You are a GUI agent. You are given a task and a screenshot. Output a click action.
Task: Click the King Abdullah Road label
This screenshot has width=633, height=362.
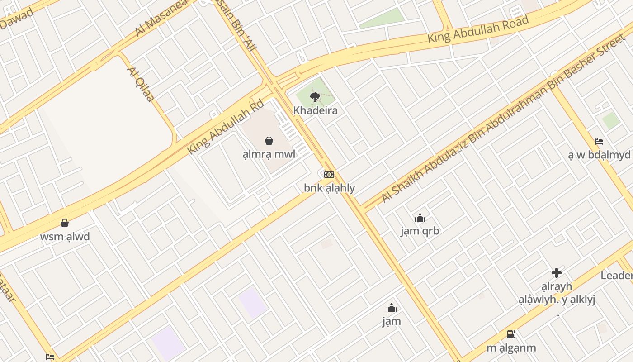pos(478,29)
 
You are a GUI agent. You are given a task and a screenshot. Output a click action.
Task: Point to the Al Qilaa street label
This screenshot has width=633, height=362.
pos(141,84)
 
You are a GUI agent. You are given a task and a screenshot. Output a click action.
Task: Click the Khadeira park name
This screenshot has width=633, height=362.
pos(315,110)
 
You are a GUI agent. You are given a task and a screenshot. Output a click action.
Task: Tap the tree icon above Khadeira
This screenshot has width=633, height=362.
pos(315,96)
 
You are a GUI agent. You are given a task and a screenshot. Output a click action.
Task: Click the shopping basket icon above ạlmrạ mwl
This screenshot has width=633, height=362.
pos(269,141)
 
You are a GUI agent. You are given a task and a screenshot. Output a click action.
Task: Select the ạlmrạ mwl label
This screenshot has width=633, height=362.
pos(269,154)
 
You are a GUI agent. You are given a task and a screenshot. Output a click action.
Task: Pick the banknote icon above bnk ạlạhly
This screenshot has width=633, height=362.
pos(329,175)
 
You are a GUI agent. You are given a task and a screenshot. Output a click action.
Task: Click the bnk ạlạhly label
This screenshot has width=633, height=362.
pos(329,188)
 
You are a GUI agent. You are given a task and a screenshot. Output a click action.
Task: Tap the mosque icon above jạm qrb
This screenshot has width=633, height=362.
pos(420,218)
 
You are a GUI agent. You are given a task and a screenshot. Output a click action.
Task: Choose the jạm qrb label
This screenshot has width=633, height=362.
pos(420,231)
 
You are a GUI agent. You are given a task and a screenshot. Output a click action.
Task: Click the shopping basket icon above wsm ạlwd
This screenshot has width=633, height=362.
pos(65,223)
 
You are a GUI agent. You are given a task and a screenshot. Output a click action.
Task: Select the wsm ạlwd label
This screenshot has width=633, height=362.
pos(65,237)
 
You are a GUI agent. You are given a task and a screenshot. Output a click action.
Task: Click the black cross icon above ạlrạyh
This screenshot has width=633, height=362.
pos(557,273)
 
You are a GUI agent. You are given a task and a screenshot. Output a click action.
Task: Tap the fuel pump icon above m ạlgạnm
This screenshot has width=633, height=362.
pos(511,334)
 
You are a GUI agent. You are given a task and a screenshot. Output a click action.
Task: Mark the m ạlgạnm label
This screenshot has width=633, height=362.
pos(511,348)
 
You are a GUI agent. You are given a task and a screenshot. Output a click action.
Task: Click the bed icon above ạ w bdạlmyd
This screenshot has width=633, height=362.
pos(599,141)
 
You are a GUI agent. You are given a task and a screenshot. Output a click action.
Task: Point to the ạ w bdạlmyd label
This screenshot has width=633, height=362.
pos(599,155)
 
